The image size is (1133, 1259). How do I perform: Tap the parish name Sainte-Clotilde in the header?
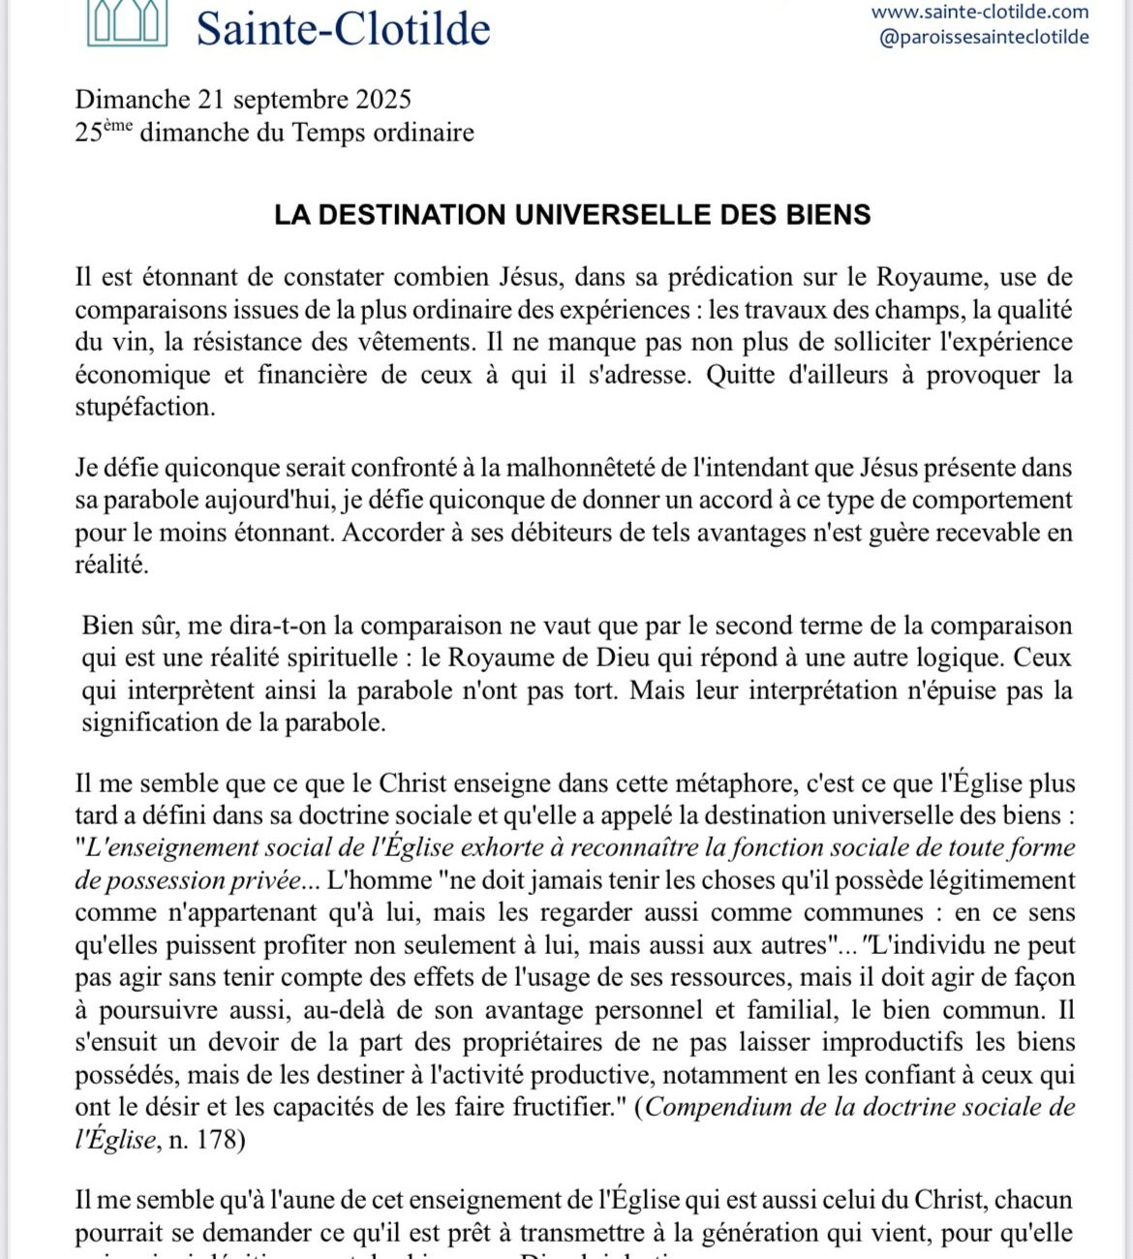(343, 28)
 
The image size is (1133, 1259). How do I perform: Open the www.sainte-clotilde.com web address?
(980, 13)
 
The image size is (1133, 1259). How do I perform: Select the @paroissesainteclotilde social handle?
(984, 38)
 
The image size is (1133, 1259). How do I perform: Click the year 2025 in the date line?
(382, 100)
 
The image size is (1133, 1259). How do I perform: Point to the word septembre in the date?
(281, 100)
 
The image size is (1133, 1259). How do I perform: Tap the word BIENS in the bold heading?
(828, 215)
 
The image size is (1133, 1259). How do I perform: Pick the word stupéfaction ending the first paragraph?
(145, 407)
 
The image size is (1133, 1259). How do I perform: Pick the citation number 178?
(214, 1140)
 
